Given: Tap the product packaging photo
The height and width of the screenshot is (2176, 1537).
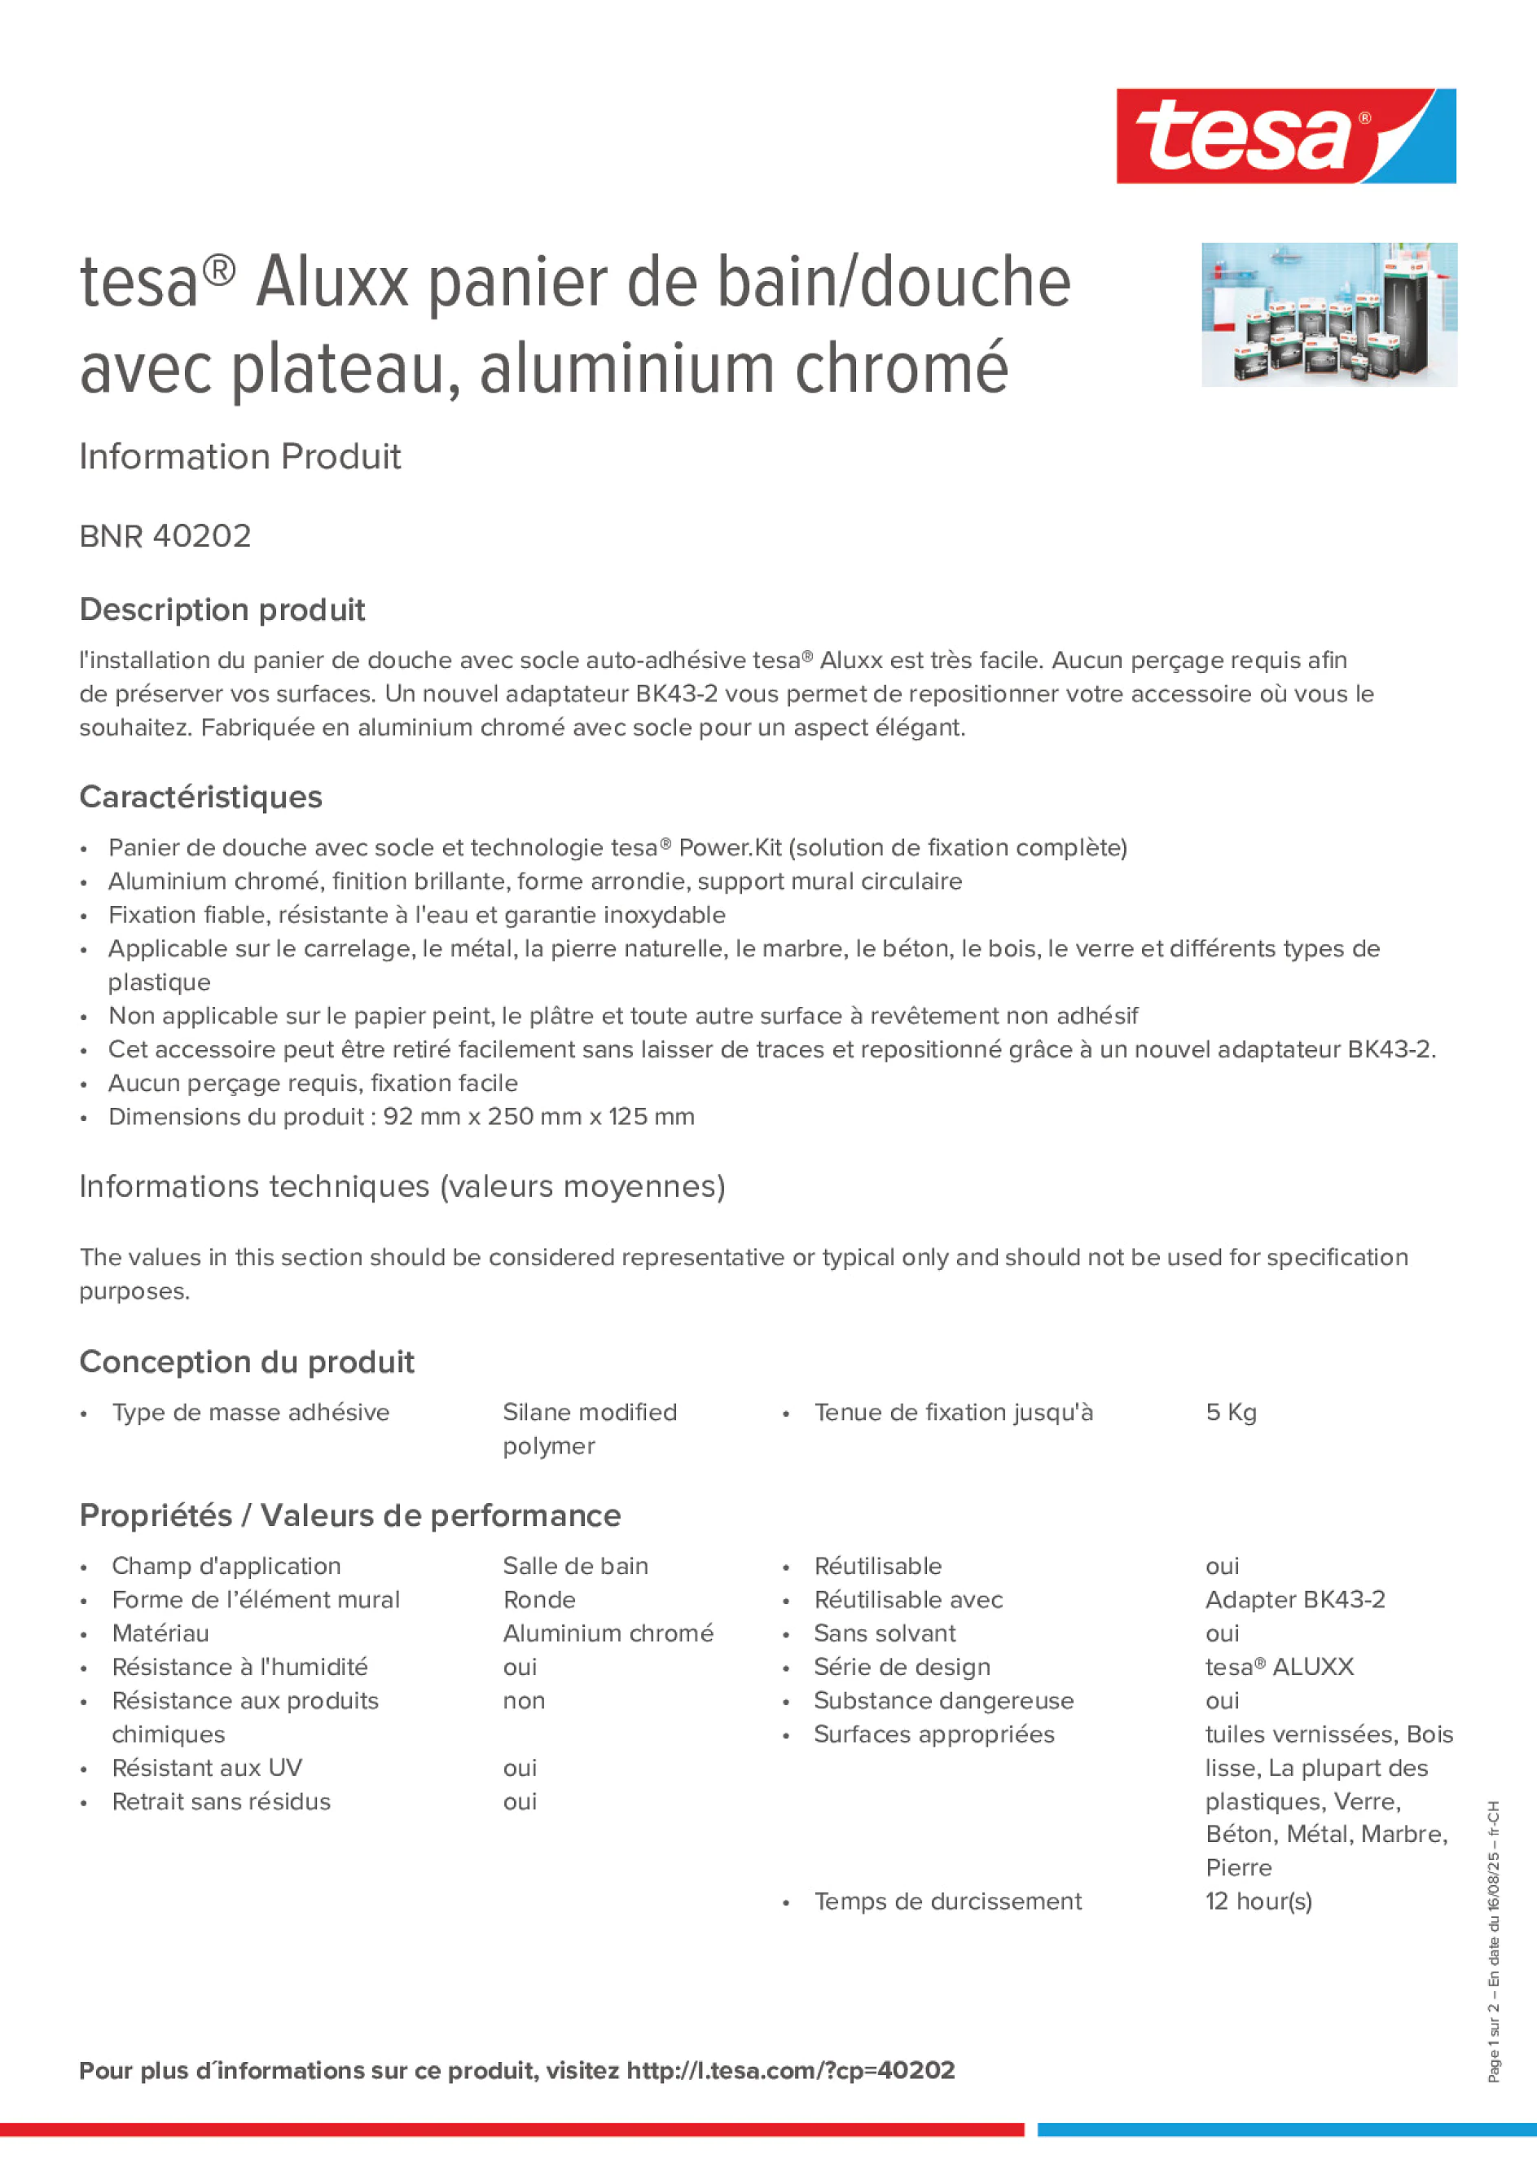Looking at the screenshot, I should (1328, 314).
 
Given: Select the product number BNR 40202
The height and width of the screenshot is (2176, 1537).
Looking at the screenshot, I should (165, 536).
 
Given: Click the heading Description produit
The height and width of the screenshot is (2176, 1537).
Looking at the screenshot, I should (222, 609).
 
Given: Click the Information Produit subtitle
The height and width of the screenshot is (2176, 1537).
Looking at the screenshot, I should (239, 457).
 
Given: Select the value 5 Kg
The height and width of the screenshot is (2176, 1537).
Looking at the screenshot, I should (1230, 1413).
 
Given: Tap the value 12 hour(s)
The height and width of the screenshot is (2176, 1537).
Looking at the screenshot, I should (1258, 1902).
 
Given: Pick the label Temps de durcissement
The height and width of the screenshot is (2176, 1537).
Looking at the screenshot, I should (946, 1902).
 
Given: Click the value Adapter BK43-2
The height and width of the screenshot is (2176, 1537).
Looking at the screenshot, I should (1294, 1600).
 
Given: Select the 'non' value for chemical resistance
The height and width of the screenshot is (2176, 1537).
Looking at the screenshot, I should (523, 1701).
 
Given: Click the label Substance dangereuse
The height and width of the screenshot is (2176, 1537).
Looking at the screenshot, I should (943, 1701).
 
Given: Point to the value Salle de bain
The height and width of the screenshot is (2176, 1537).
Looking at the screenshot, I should (575, 1567).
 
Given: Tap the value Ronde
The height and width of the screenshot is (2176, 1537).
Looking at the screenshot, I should (539, 1600).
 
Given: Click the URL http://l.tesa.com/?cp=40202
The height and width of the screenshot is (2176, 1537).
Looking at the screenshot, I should (790, 2071).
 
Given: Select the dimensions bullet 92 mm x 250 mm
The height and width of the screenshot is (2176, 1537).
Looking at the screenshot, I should (402, 1118).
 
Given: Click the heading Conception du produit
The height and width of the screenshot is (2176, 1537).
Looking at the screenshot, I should (246, 1362).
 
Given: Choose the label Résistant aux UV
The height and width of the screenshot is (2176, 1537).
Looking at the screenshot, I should (207, 1769).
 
